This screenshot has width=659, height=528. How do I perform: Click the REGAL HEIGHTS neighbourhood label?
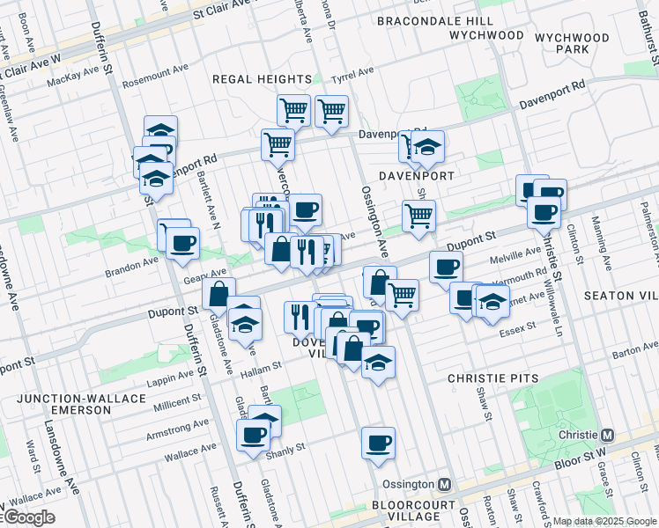(263, 79)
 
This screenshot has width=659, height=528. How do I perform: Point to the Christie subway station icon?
(607, 436)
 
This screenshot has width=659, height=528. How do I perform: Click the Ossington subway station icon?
(445, 484)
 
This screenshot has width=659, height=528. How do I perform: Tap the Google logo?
(28, 517)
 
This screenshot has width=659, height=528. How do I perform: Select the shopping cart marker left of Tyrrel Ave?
(293, 111)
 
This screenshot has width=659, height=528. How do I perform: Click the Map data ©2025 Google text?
(604, 521)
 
